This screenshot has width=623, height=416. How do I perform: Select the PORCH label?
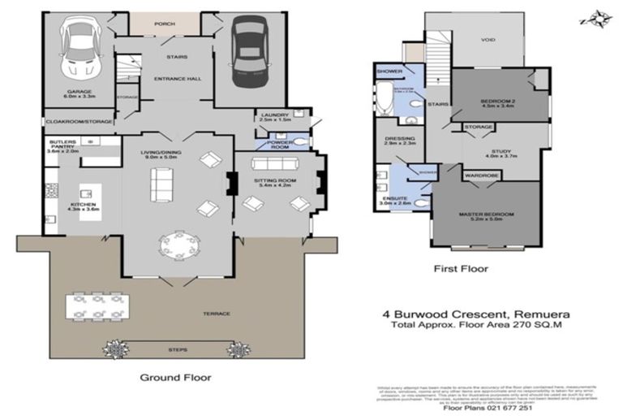point(164,24)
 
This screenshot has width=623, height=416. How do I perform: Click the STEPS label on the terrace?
point(177,349)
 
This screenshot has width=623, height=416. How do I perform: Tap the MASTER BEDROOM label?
point(488,215)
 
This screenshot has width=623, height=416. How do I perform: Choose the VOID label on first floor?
point(488,38)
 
